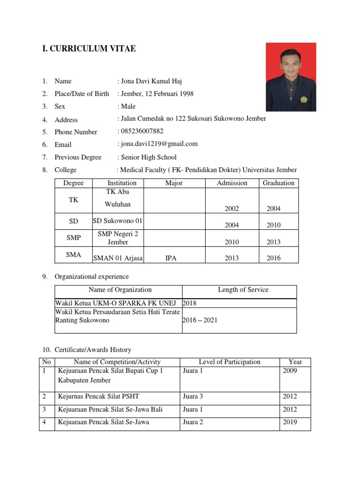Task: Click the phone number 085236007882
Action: coord(141,131)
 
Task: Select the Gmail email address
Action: coord(159,144)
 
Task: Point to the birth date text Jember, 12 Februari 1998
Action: coord(157,94)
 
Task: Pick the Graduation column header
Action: coord(278,183)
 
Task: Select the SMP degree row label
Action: coord(74,238)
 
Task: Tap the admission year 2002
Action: coord(232,209)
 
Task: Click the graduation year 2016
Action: coord(274,258)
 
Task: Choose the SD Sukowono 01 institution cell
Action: coord(118,221)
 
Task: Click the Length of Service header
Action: coord(243,290)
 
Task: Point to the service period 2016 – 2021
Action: coord(200,320)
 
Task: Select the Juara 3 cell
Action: coord(193,397)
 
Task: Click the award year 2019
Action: coord(290,422)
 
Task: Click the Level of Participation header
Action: coord(229,362)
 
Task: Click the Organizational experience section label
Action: coord(91,277)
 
